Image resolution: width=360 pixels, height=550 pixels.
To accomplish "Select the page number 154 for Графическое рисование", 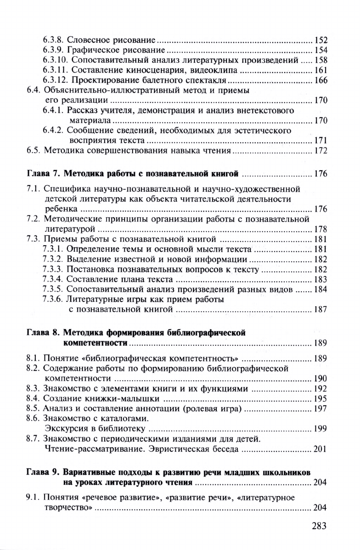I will point(320,50).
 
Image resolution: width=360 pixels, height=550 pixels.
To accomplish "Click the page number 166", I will point(320,80).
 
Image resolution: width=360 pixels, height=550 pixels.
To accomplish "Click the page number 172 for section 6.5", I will point(320,151).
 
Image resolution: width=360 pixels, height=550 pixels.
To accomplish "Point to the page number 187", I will point(320,309).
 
